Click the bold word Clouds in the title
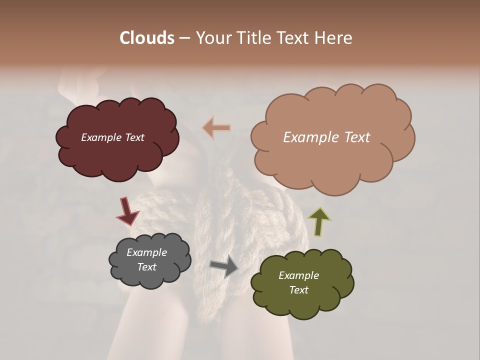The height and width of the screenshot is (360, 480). [146, 38]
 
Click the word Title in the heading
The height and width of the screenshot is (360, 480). [252, 38]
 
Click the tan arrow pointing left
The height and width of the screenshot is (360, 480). [216, 128]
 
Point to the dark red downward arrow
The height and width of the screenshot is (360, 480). [127, 211]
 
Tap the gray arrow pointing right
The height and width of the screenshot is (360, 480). [223, 266]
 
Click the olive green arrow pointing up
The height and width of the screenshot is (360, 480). [319, 221]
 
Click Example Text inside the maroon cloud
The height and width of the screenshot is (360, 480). [112, 137]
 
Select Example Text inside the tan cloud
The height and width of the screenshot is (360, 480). [326, 137]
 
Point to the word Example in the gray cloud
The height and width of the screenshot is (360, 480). [146, 252]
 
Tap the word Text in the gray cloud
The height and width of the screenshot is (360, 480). [146, 267]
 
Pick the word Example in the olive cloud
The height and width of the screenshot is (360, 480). [298, 275]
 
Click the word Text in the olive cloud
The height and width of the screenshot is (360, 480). [298, 290]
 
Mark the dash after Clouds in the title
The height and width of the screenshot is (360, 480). [183, 38]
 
